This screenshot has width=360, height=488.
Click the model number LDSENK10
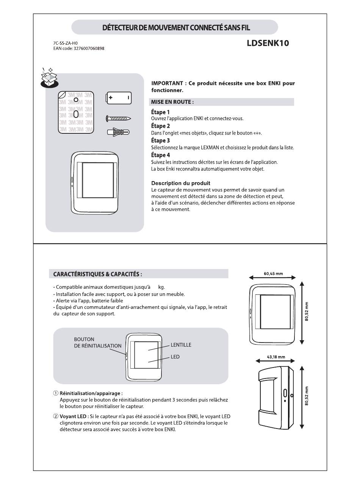pyautogui.click(x=268, y=43)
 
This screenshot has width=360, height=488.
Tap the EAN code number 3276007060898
pyautogui.click(x=89, y=48)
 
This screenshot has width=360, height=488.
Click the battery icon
pyautogui.click(x=119, y=98)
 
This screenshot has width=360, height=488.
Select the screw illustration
pyautogui.click(x=119, y=119)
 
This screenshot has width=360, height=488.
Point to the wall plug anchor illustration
pyautogui.click(x=118, y=132)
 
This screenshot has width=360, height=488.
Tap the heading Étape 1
pyautogui.click(x=160, y=112)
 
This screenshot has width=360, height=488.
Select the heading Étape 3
pyautogui.click(x=160, y=141)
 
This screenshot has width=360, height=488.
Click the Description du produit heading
pyautogui.click(x=180, y=183)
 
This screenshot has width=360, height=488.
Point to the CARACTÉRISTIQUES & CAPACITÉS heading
pyautogui.click(x=97, y=274)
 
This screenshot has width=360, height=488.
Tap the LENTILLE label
pyautogui.click(x=181, y=345)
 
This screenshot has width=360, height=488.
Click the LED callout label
pyautogui.click(x=175, y=357)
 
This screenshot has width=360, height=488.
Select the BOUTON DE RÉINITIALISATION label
pyautogui.click(x=97, y=343)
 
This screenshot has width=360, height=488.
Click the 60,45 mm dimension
pyautogui.click(x=273, y=274)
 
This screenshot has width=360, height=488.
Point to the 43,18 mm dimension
pyautogui.click(x=275, y=357)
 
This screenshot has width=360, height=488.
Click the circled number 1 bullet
pyautogui.click(x=56, y=393)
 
